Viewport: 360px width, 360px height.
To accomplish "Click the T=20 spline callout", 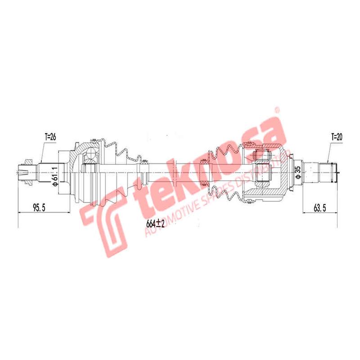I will click(336, 135).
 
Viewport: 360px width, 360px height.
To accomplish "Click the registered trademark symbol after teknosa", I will click(277, 110).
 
